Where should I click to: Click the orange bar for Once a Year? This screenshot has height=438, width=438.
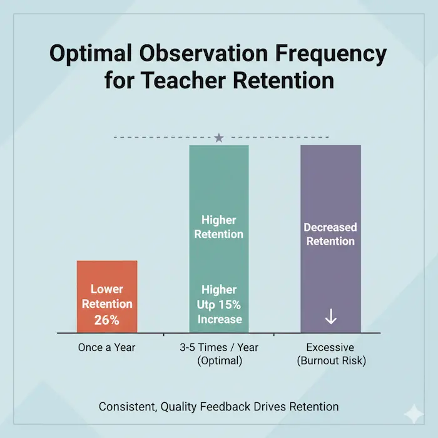point(107,275)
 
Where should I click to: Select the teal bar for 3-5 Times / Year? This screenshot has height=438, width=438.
point(218,188)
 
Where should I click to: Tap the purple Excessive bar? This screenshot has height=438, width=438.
point(330,188)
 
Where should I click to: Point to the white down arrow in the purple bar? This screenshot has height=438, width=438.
point(331,317)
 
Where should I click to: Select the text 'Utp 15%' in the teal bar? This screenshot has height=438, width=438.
point(218,305)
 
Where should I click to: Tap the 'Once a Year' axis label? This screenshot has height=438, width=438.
point(107,347)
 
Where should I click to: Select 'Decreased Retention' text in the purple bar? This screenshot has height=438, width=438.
point(330,234)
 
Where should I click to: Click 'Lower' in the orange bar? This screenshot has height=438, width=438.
point(107,289)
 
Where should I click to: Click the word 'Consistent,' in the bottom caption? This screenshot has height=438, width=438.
point(127,407)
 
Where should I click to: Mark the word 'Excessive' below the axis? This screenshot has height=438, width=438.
point(330,347)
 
